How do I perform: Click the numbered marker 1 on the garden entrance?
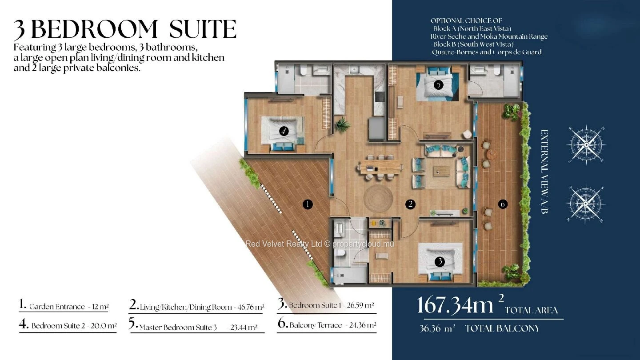[308, 204]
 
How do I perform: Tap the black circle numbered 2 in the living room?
[411, 204]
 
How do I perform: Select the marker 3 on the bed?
[440, 261]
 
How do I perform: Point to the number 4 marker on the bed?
[284, 132]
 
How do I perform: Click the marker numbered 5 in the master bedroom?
[438, 84]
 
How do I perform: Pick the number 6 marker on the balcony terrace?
[503, 204]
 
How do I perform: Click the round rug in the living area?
[378, 199]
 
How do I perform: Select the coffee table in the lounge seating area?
[441, 171]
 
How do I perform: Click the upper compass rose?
[586, 145]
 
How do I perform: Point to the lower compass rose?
[586, 204]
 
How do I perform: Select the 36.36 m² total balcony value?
[437, 328]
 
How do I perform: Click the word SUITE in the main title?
[203, 29]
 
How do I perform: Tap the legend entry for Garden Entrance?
[64, 305]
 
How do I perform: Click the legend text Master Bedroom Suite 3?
[178, 328]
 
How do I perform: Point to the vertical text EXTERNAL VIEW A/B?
[544, 172]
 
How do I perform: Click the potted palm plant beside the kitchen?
[342, 125]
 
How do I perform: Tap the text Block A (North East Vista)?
[472, 28]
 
